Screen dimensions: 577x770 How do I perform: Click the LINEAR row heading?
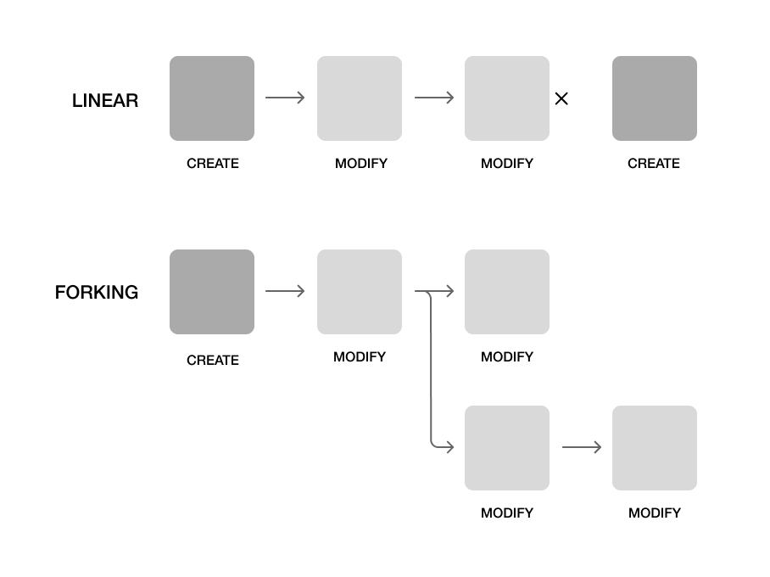coord(105,100)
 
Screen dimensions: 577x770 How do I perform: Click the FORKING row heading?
coord(97,293)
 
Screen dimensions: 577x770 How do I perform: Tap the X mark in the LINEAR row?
coord(561,98)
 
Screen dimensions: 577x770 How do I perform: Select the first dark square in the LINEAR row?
coord(212,98)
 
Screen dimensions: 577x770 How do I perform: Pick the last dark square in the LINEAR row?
coord(655,98)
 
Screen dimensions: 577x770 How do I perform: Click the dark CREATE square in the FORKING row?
coord(212,292)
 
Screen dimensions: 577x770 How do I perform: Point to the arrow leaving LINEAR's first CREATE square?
coord(285,98)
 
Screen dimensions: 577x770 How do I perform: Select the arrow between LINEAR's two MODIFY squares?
coord(434,98)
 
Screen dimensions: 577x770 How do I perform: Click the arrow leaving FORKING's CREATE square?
coord(285,292)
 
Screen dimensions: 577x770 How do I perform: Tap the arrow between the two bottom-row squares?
coord(582,447)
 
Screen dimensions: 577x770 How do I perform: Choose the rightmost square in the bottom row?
coord(655,448)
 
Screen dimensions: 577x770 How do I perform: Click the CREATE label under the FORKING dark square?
coord(213,361)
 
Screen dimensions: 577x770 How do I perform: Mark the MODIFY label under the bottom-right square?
coord(655,513)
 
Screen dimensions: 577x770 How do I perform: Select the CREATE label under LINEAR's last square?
coord(654,164)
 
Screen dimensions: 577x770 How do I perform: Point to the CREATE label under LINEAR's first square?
coord(213,164)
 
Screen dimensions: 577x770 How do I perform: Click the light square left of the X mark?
coord(507,98)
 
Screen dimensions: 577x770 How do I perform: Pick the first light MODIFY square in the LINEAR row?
coord(360,98)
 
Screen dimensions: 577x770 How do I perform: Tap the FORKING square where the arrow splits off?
coord(360,292)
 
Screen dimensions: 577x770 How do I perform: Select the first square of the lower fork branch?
coord(507,448)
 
